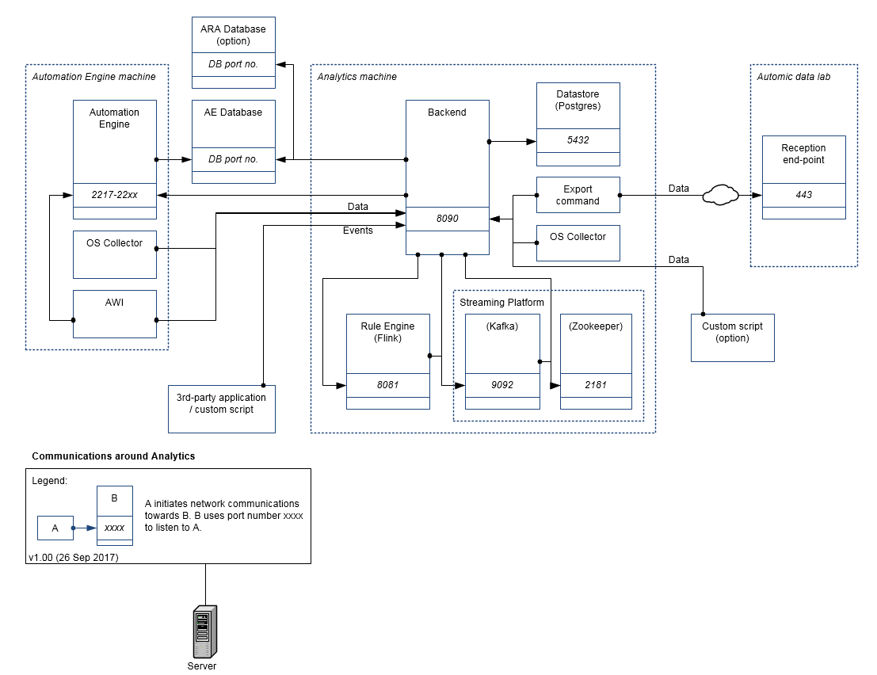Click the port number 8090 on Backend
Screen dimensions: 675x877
pos(447,218)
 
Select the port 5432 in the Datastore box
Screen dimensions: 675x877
pos(578,140)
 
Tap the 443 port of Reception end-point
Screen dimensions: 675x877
pos(803,195)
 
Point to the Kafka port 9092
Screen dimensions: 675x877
pos(501,385)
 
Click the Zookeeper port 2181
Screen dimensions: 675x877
pos(597,385)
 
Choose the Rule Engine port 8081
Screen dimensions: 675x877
pos(388,385)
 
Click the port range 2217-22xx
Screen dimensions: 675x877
pos(114,194)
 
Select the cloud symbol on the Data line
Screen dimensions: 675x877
pos(719,195)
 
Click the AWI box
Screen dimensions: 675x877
pos(114,314)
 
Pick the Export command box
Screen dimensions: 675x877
pos(578,195)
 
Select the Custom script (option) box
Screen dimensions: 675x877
pos(732,337)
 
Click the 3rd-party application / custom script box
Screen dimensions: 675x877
pos(221,409)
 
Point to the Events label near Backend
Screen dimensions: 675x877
pos(357,231)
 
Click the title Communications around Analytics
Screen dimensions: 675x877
pos(113,456)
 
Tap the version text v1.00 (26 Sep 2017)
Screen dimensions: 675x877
pos(73,558)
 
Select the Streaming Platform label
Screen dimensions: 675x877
pos(501,303)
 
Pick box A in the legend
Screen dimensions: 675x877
pos(55,528)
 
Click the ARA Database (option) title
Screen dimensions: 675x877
pos(233,35)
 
